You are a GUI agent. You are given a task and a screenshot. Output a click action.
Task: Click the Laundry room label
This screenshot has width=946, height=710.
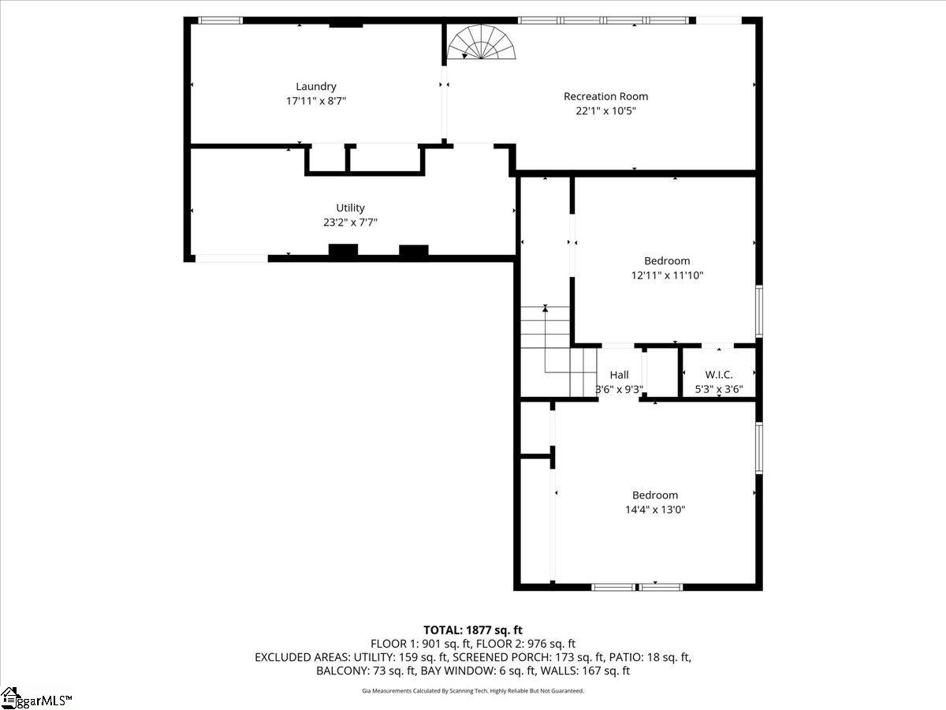point(316,87)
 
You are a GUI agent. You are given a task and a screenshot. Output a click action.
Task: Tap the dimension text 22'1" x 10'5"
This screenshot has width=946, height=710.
point(605,111)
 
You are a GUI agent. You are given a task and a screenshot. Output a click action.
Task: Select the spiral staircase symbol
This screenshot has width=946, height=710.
point(481,43)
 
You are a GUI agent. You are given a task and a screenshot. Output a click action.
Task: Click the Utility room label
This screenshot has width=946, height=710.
point(350,208)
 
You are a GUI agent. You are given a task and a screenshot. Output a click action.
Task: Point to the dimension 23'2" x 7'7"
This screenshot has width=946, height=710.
point(350,222)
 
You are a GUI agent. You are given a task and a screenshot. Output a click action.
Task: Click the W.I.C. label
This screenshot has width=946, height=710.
point(718,375)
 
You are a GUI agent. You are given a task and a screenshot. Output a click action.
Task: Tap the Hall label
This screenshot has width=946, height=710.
point(619,375)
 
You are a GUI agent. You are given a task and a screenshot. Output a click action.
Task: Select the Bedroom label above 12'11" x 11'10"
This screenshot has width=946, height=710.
point(667,261)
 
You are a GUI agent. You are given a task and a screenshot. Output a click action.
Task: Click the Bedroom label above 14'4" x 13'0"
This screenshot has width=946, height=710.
point(654,495)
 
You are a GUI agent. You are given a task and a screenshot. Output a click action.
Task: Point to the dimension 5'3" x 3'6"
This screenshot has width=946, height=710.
point(718,389)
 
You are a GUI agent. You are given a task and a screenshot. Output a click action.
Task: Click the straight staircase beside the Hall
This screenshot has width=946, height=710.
point(557,351)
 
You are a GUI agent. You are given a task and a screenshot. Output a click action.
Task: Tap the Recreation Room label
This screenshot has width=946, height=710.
point(605,96)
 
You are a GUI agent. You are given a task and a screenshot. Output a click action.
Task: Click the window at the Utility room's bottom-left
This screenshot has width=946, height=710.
point(231,258)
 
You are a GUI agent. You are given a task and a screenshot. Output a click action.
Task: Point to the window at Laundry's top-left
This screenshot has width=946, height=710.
point(220,21)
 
